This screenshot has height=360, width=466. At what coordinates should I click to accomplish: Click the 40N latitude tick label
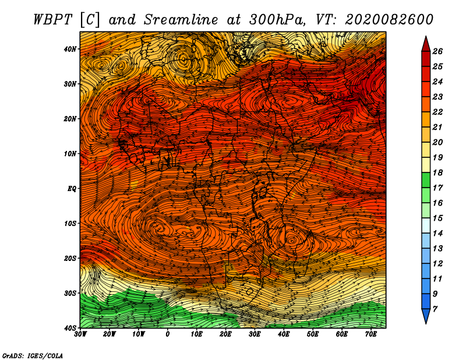pos(70,49)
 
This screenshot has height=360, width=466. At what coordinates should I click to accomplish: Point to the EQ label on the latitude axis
pos(72,189)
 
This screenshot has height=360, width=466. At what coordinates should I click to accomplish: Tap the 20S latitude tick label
pos(70,258)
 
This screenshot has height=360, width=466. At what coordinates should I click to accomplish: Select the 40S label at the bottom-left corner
pos(70,328)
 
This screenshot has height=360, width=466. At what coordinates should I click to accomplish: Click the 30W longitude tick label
pos(80,334)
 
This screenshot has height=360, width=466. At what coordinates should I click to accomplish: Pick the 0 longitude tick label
pos(167,334)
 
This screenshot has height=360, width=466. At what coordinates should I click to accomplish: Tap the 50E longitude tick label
pos(313,334)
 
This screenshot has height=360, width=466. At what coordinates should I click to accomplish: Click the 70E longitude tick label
pos(370,334)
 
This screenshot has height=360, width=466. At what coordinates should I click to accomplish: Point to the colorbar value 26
pos(437,51)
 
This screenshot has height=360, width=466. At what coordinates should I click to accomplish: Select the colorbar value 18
pos(437,172)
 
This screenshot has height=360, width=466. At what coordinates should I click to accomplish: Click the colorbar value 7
pos(435,309)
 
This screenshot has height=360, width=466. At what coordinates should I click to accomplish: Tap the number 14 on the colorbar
pos(437,234)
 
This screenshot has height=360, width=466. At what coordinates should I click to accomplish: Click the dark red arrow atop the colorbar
pos(426,44)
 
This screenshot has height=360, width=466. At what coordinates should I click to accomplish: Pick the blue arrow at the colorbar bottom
pos(426,316)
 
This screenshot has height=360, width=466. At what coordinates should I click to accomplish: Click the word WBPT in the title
pos(53,20)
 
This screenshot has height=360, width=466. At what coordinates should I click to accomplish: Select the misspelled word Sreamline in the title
pos(181,20)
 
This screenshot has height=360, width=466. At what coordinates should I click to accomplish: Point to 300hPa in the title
pos(277,20)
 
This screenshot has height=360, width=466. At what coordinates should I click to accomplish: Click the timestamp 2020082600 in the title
pos(389,20)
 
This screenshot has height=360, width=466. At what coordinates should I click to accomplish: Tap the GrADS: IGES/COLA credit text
pos(33,355)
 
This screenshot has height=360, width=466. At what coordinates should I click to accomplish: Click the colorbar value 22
pos(437,112)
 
